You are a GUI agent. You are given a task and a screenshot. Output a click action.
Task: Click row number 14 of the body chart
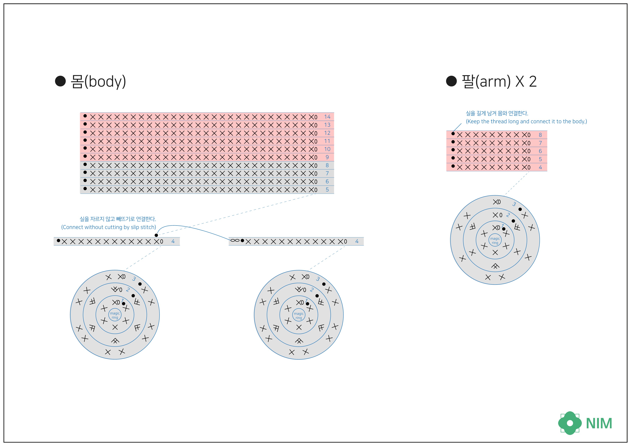(327, 117)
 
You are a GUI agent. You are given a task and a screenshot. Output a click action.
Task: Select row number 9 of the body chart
(327, 157)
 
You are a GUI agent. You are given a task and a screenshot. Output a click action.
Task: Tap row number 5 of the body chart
(327, 190)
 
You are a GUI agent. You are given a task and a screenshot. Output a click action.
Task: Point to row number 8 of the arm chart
(540, 135)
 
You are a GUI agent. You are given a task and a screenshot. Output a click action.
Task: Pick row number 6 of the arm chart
(540, 151)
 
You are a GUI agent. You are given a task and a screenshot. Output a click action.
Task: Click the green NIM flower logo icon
(570, 423)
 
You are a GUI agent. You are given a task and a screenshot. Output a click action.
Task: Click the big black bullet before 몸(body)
(60, 81)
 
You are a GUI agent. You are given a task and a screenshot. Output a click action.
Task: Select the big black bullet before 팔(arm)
(451, 81)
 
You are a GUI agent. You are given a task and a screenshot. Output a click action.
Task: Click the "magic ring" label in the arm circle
(495, 241)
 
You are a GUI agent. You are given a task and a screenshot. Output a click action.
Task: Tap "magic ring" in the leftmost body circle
(115, 315)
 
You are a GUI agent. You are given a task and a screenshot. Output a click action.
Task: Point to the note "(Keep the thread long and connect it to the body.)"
(526, 121)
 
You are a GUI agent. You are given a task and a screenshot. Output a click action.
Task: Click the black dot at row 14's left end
(85, 116)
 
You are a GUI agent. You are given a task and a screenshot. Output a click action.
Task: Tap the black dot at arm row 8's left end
(453, 134)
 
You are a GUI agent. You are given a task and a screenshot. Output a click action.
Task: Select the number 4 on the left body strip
(173, 241)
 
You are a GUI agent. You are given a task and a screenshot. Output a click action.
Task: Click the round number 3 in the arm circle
(514, 204)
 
